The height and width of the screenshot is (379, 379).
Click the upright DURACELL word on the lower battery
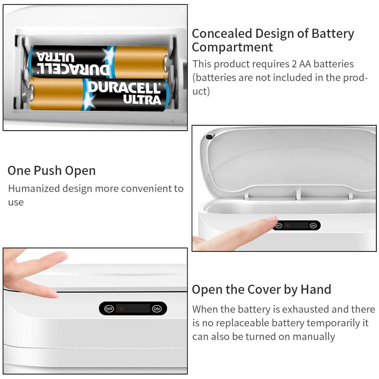[x=124, y=87]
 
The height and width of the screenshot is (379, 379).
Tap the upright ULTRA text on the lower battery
[x=142, y=100]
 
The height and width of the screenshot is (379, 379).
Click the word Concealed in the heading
[x=222, y=33]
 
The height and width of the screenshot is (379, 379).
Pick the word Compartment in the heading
[x=232, y=47]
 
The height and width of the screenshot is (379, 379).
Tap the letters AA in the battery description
[x=305, y=64]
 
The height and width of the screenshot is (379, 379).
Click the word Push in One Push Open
[x=48, y=171]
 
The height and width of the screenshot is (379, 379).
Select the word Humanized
[x=34, y=189]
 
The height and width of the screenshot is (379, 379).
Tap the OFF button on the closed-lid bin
[x=109, y=309]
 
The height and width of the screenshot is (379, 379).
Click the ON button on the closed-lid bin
[x=157, y=309]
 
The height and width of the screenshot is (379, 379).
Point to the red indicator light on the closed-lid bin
[x=121, y=309]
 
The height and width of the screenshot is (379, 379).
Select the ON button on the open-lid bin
[x=313, y=226]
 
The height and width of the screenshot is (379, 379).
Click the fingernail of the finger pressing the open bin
[x=272, y=219]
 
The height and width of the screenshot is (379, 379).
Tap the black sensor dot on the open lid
[x=209, y=137]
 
